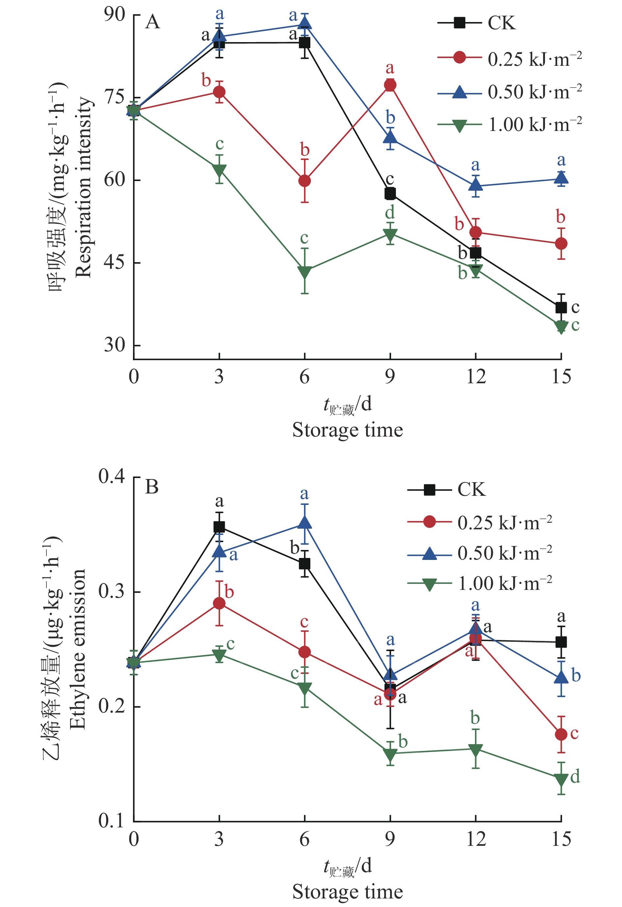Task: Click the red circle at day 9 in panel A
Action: [x=390, y=85]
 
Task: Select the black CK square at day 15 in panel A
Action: [x=561, y=308]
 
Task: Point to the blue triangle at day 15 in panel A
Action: [x=561, y=178]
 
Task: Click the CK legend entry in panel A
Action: [x=476, y=23]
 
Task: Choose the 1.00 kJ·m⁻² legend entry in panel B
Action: [x=479, y=584]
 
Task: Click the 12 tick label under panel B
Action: [x=476, y=839]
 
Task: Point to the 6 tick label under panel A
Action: [x=304, y=377]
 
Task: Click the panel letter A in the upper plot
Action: [x=153, y=22]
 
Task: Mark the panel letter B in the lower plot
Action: [x=152, y=487]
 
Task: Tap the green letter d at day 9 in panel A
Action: [x=390, y=212]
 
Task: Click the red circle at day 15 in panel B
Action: [x=561, y=735]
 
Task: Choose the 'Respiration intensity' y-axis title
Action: [x=83, y=187]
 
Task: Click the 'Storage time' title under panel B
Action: [x=348, y=892]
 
